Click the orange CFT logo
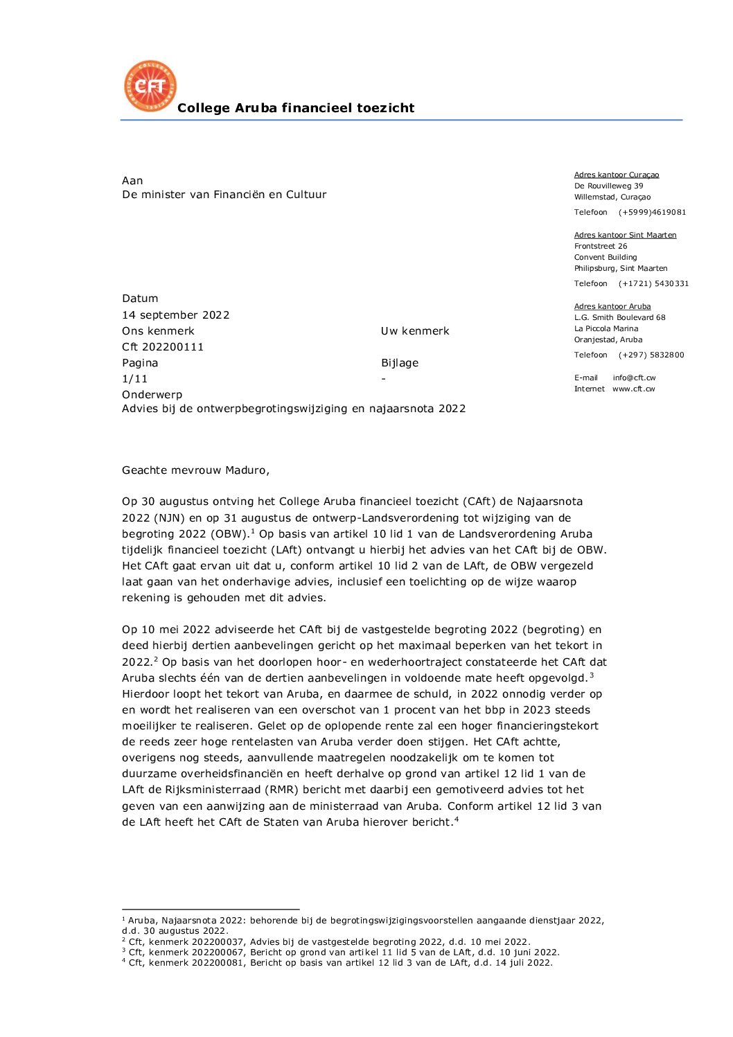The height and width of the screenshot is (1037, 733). coord(150,86)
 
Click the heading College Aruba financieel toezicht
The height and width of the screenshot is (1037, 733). coord(296,108)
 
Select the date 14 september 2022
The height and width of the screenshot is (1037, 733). coord(176,315)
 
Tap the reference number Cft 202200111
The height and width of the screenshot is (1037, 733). coord(163,347)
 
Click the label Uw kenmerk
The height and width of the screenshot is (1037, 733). coord(415,331)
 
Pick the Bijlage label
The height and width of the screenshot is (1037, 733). coord(400,363)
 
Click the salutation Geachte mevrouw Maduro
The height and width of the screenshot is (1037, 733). coord(195,470)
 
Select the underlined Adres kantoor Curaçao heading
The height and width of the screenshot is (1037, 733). coord(617,175)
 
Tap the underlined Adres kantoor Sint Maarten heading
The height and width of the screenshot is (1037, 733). coord(625,236)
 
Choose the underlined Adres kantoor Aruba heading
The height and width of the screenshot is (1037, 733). coord(612,307)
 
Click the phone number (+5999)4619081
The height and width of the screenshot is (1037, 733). coord(652,213)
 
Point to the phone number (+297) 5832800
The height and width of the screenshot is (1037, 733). coord(651,355)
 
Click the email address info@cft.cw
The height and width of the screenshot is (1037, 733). coord(634,378)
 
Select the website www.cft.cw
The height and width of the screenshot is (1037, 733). coord(633,389)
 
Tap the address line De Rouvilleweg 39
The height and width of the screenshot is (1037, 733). coord(608,186)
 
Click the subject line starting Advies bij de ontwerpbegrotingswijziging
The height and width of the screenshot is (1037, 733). coord(294,409)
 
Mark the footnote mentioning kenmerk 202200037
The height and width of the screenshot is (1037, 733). coord(326,942)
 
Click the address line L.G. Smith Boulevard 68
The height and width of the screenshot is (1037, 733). coord(619,318)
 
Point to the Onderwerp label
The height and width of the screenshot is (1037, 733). coord(152,395)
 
